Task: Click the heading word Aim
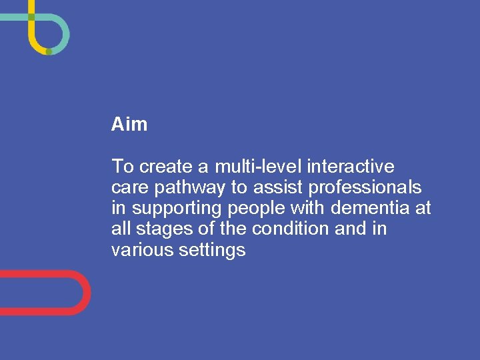tap(129, 124)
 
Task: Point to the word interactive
tap(351, 166)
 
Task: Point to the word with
tap(309, 209)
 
